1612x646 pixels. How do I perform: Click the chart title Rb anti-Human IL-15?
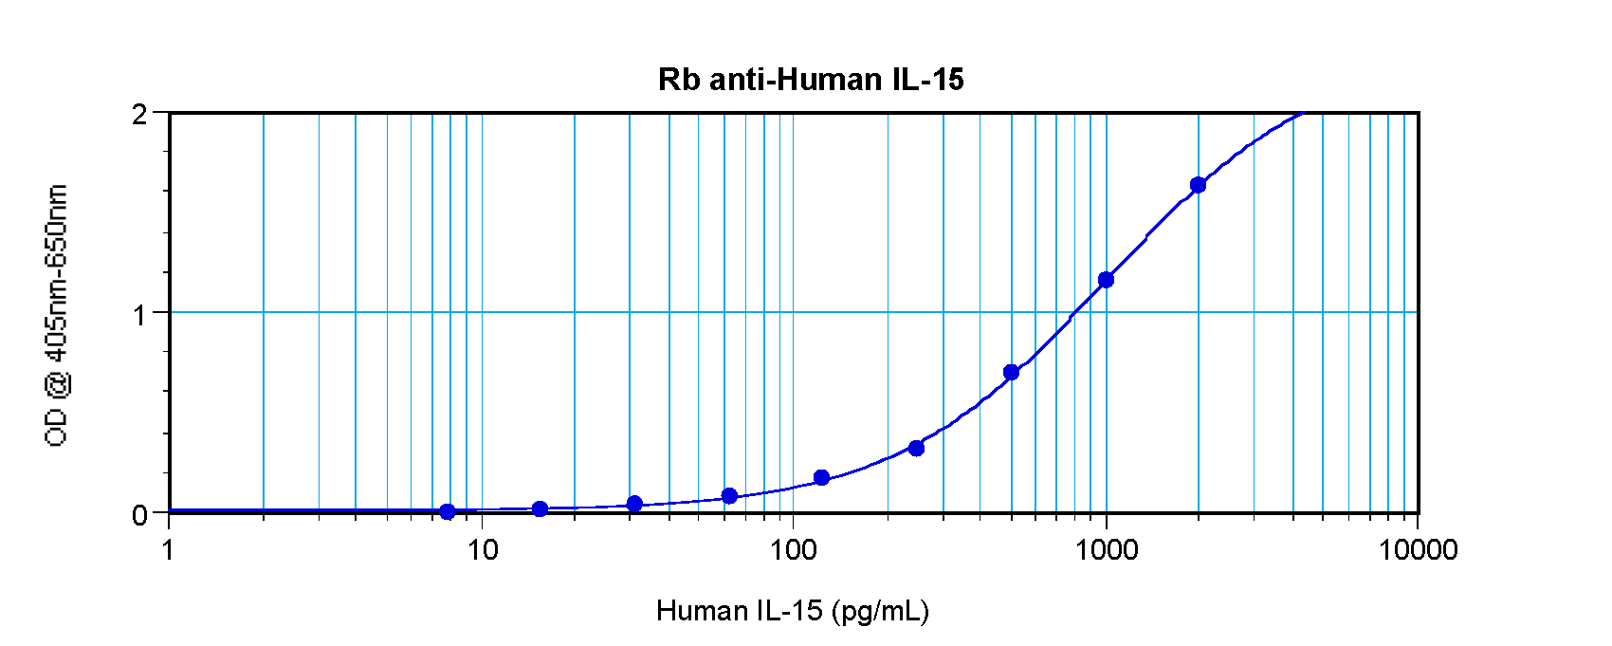(811, 80)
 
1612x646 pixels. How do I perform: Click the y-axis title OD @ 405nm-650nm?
(57, 316)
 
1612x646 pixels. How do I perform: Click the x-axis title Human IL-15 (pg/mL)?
(793, 611)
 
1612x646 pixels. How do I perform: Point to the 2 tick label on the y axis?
(140, 115)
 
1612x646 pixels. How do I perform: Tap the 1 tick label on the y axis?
(140, 314)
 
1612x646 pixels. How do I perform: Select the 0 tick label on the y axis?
(140, 515)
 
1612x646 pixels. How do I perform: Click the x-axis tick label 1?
(169, 549)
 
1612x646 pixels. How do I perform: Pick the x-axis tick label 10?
(482, 549)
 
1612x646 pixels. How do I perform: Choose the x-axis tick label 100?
(793, 549)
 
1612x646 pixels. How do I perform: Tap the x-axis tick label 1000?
(1106, 549)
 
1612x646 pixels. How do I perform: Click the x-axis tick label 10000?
(1418, 549)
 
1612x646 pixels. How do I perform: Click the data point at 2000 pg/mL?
(1198, 185)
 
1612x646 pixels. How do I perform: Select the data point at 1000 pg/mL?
(1106, 280)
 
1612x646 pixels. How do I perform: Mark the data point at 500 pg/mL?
(1011, 372)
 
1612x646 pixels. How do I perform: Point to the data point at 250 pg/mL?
(916, 448)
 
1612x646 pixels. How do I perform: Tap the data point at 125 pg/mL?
(821, 477)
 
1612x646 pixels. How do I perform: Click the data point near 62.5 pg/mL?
(729, 495)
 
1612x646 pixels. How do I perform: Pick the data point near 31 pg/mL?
(634, 503)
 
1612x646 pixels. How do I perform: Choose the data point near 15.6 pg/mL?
(540, 508)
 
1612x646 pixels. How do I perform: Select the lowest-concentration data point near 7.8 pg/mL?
(448, 511)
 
